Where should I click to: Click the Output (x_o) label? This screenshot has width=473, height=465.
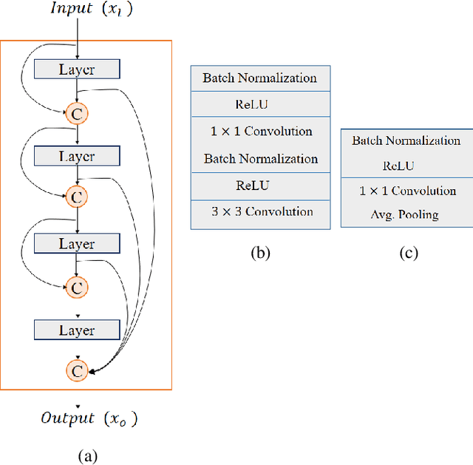[x=88, y=418]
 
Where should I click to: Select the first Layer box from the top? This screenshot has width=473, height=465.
[x=77, y=69]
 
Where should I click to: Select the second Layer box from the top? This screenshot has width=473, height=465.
[x=77, y=157]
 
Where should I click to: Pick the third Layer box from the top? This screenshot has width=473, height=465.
[x=77, y=244]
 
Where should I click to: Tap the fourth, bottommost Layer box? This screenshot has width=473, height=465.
[x=77, y=330]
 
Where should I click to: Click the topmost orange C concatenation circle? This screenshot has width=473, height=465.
[x=77, y=113]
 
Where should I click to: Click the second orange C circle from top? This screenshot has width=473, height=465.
[x=77, y=197]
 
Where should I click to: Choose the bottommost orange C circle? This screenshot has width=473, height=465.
[x=77, y=370]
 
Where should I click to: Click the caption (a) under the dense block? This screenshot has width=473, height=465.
[x=87, y=455]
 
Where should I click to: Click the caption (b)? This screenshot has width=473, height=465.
[x=260, y=253]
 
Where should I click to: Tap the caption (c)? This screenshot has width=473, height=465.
[x=408, y=253]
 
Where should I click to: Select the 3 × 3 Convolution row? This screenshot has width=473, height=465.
[x=261, y=212]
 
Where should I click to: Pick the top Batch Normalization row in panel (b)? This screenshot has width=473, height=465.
[x=260, y=78]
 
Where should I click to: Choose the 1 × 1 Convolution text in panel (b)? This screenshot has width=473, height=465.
[x=261, y=132]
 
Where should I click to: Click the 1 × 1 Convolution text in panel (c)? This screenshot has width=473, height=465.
[x=407, y=191]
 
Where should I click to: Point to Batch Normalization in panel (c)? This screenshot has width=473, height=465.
[x=406, y=140]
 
